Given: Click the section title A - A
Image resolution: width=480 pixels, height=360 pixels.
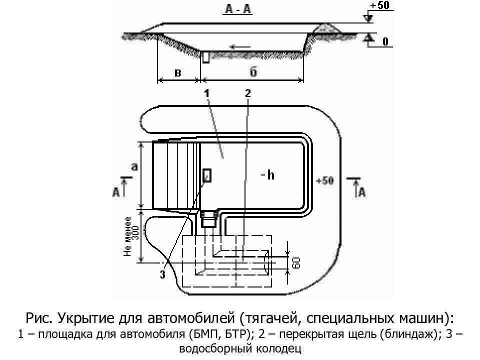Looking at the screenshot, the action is point(238,9).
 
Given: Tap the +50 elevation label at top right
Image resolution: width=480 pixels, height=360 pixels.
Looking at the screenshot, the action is point(379,5).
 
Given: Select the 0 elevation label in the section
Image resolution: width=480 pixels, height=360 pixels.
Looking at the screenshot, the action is point(385,41).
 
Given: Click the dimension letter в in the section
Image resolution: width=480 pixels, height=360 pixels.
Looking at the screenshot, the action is point(178,73).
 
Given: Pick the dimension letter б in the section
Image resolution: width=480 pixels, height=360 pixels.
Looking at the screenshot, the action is point(253,71).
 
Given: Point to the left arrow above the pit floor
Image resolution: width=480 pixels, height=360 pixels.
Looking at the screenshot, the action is point(240,47).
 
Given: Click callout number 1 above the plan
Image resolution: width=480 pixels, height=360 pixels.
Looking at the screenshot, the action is point(207,93).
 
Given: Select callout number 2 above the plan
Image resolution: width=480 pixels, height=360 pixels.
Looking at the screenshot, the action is point(248,93).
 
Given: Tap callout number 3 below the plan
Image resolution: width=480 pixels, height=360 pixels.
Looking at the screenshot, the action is point(162,274).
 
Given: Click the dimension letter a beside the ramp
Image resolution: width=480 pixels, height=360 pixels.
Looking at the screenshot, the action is point(134,167).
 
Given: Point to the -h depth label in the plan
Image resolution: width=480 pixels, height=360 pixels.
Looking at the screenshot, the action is point(267,175).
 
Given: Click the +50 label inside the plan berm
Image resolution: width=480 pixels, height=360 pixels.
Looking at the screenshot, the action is point(325,180).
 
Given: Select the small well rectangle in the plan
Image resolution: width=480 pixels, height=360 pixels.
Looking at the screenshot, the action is point(207,175).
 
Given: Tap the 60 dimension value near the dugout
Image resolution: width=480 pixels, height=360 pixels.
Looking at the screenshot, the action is point(296,262).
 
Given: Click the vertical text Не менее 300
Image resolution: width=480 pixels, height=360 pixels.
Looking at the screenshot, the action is point(131,236).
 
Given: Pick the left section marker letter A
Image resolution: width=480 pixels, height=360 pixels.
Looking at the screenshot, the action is point(116,192).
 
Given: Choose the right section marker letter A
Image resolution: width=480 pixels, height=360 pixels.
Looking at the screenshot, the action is point(362,192).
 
